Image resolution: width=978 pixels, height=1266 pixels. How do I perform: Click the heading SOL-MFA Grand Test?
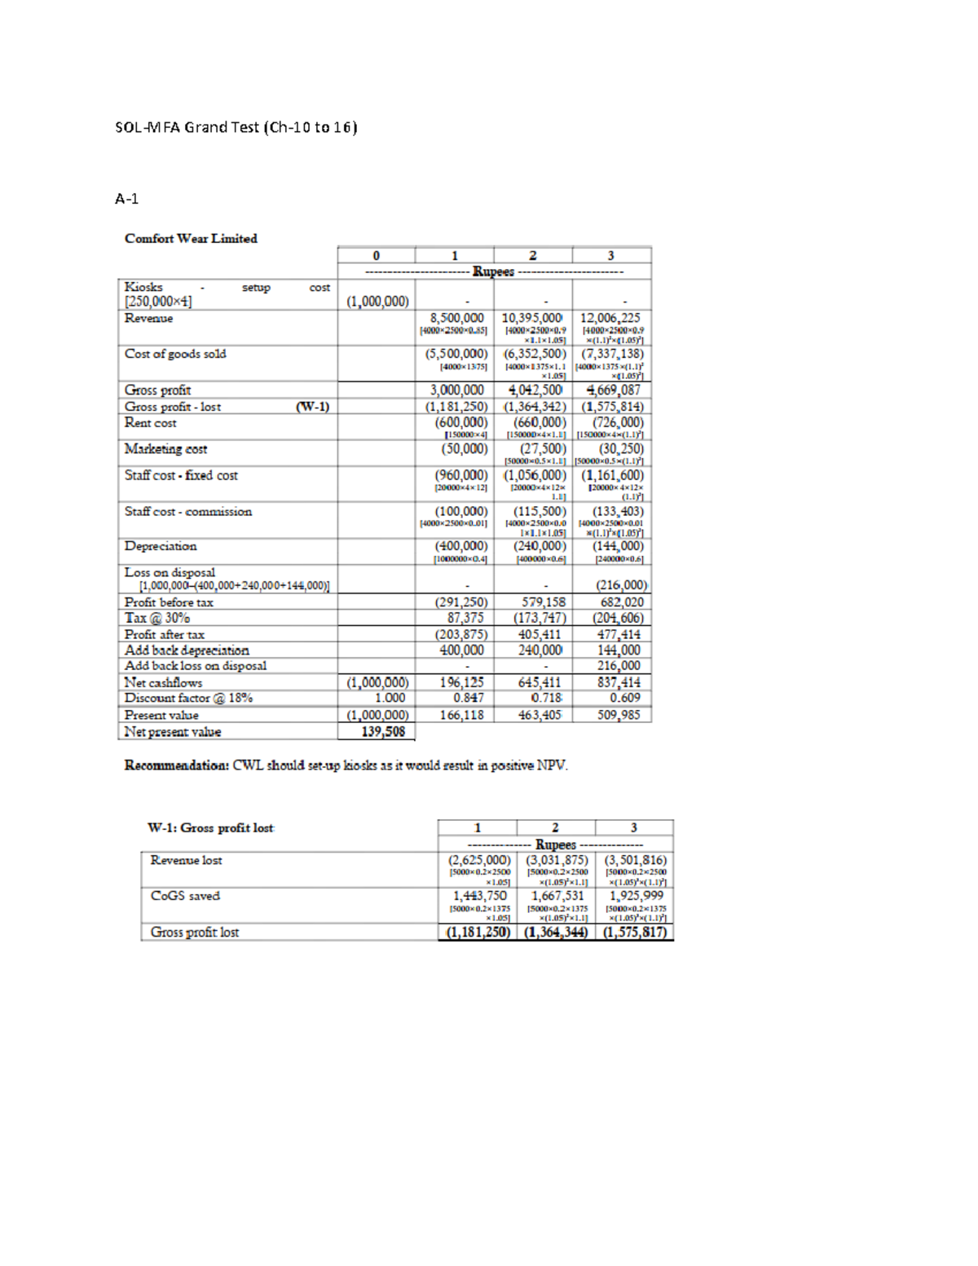coord(236,127)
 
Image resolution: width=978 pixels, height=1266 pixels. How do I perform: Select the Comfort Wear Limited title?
coord(191,238)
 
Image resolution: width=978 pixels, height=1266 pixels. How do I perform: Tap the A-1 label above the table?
coord(126,198)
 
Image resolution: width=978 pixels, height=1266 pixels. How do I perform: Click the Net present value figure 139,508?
coord(383,731)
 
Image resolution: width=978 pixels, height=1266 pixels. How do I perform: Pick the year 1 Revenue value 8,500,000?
coord(456,318)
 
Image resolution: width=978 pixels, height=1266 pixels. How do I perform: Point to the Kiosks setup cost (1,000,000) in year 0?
coord(377,302)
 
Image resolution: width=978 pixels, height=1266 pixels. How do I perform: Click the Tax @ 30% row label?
coord(157,618)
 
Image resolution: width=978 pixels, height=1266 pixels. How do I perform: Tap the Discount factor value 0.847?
coord(469,698)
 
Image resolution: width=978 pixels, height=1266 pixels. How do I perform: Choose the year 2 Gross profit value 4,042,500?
coord(535,390)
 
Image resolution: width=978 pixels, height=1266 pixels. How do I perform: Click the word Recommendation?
coord(176,765)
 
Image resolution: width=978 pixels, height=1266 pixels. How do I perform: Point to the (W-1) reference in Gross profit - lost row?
coord(312,406)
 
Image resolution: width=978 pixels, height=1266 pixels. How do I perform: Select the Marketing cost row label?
coord(165,448)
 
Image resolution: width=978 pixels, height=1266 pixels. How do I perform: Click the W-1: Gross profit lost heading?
coord(210,827)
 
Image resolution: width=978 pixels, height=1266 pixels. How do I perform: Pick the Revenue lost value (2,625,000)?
coord(479,860)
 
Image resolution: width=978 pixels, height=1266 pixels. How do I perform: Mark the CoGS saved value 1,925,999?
coord(636,895)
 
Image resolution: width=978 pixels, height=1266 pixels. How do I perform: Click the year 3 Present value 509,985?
coord(619,715)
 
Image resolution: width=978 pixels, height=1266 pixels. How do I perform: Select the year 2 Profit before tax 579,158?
coord(543,602)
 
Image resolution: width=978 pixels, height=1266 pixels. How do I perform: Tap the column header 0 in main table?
coord(376,255)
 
